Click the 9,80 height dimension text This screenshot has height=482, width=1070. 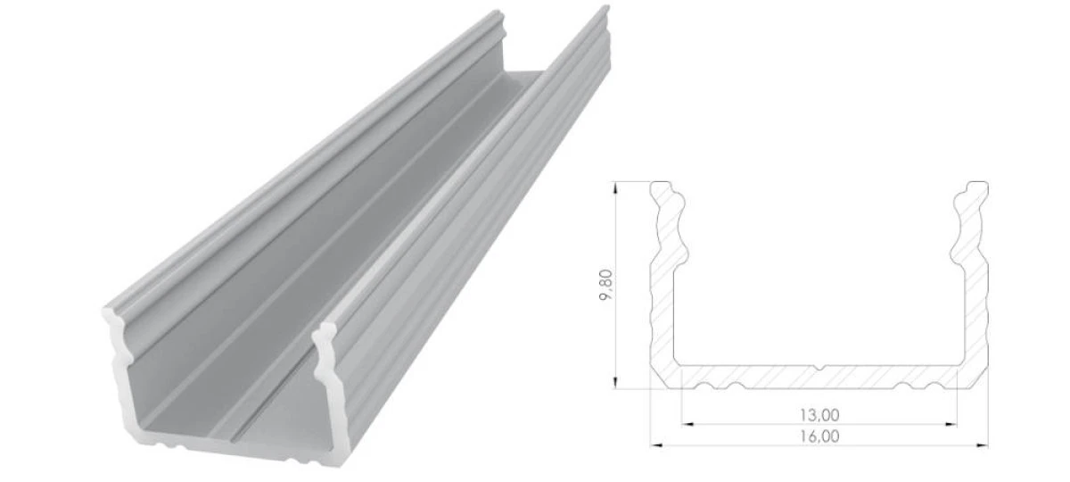[605, 285]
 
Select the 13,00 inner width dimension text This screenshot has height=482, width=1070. [819, 414]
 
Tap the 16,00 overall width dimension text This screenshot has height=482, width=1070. [819, 436]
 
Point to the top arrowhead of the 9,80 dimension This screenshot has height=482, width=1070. [616, 187]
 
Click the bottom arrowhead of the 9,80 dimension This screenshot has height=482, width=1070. [616, 383]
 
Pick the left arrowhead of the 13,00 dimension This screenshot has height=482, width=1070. [687, 424]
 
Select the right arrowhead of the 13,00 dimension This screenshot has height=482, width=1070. [951, 424]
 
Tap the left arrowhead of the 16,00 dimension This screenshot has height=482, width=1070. [657, 445]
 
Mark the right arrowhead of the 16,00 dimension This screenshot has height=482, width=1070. [982, 445]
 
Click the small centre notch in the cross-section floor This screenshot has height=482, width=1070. [819, 368]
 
